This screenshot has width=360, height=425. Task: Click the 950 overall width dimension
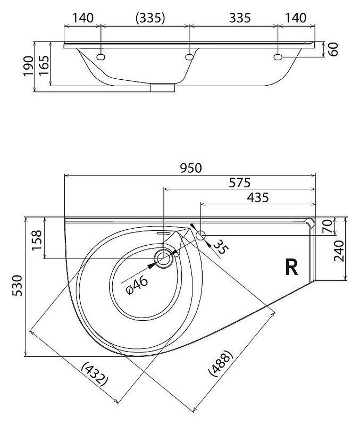191,168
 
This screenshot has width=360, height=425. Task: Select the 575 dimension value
240,183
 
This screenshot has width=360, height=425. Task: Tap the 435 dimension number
258,197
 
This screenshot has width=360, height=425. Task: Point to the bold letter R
291,267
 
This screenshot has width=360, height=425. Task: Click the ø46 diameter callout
137,285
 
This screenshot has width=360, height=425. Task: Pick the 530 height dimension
18,286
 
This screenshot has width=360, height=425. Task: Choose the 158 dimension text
37,240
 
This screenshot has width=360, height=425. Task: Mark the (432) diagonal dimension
95,374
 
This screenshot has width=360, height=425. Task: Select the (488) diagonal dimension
221,363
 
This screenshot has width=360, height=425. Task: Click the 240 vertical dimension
339,251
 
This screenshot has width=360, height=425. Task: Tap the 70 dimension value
327,226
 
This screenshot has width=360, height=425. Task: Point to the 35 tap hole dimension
221,247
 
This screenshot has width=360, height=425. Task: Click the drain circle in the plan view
164,259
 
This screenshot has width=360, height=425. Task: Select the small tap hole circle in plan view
200,235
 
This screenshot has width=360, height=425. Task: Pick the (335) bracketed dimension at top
150,18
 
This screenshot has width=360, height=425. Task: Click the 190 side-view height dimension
28,66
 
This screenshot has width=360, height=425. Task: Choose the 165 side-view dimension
44,65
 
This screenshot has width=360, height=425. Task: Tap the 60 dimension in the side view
334,49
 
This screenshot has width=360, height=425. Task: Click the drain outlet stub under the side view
163,88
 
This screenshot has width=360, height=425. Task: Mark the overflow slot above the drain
163,232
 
